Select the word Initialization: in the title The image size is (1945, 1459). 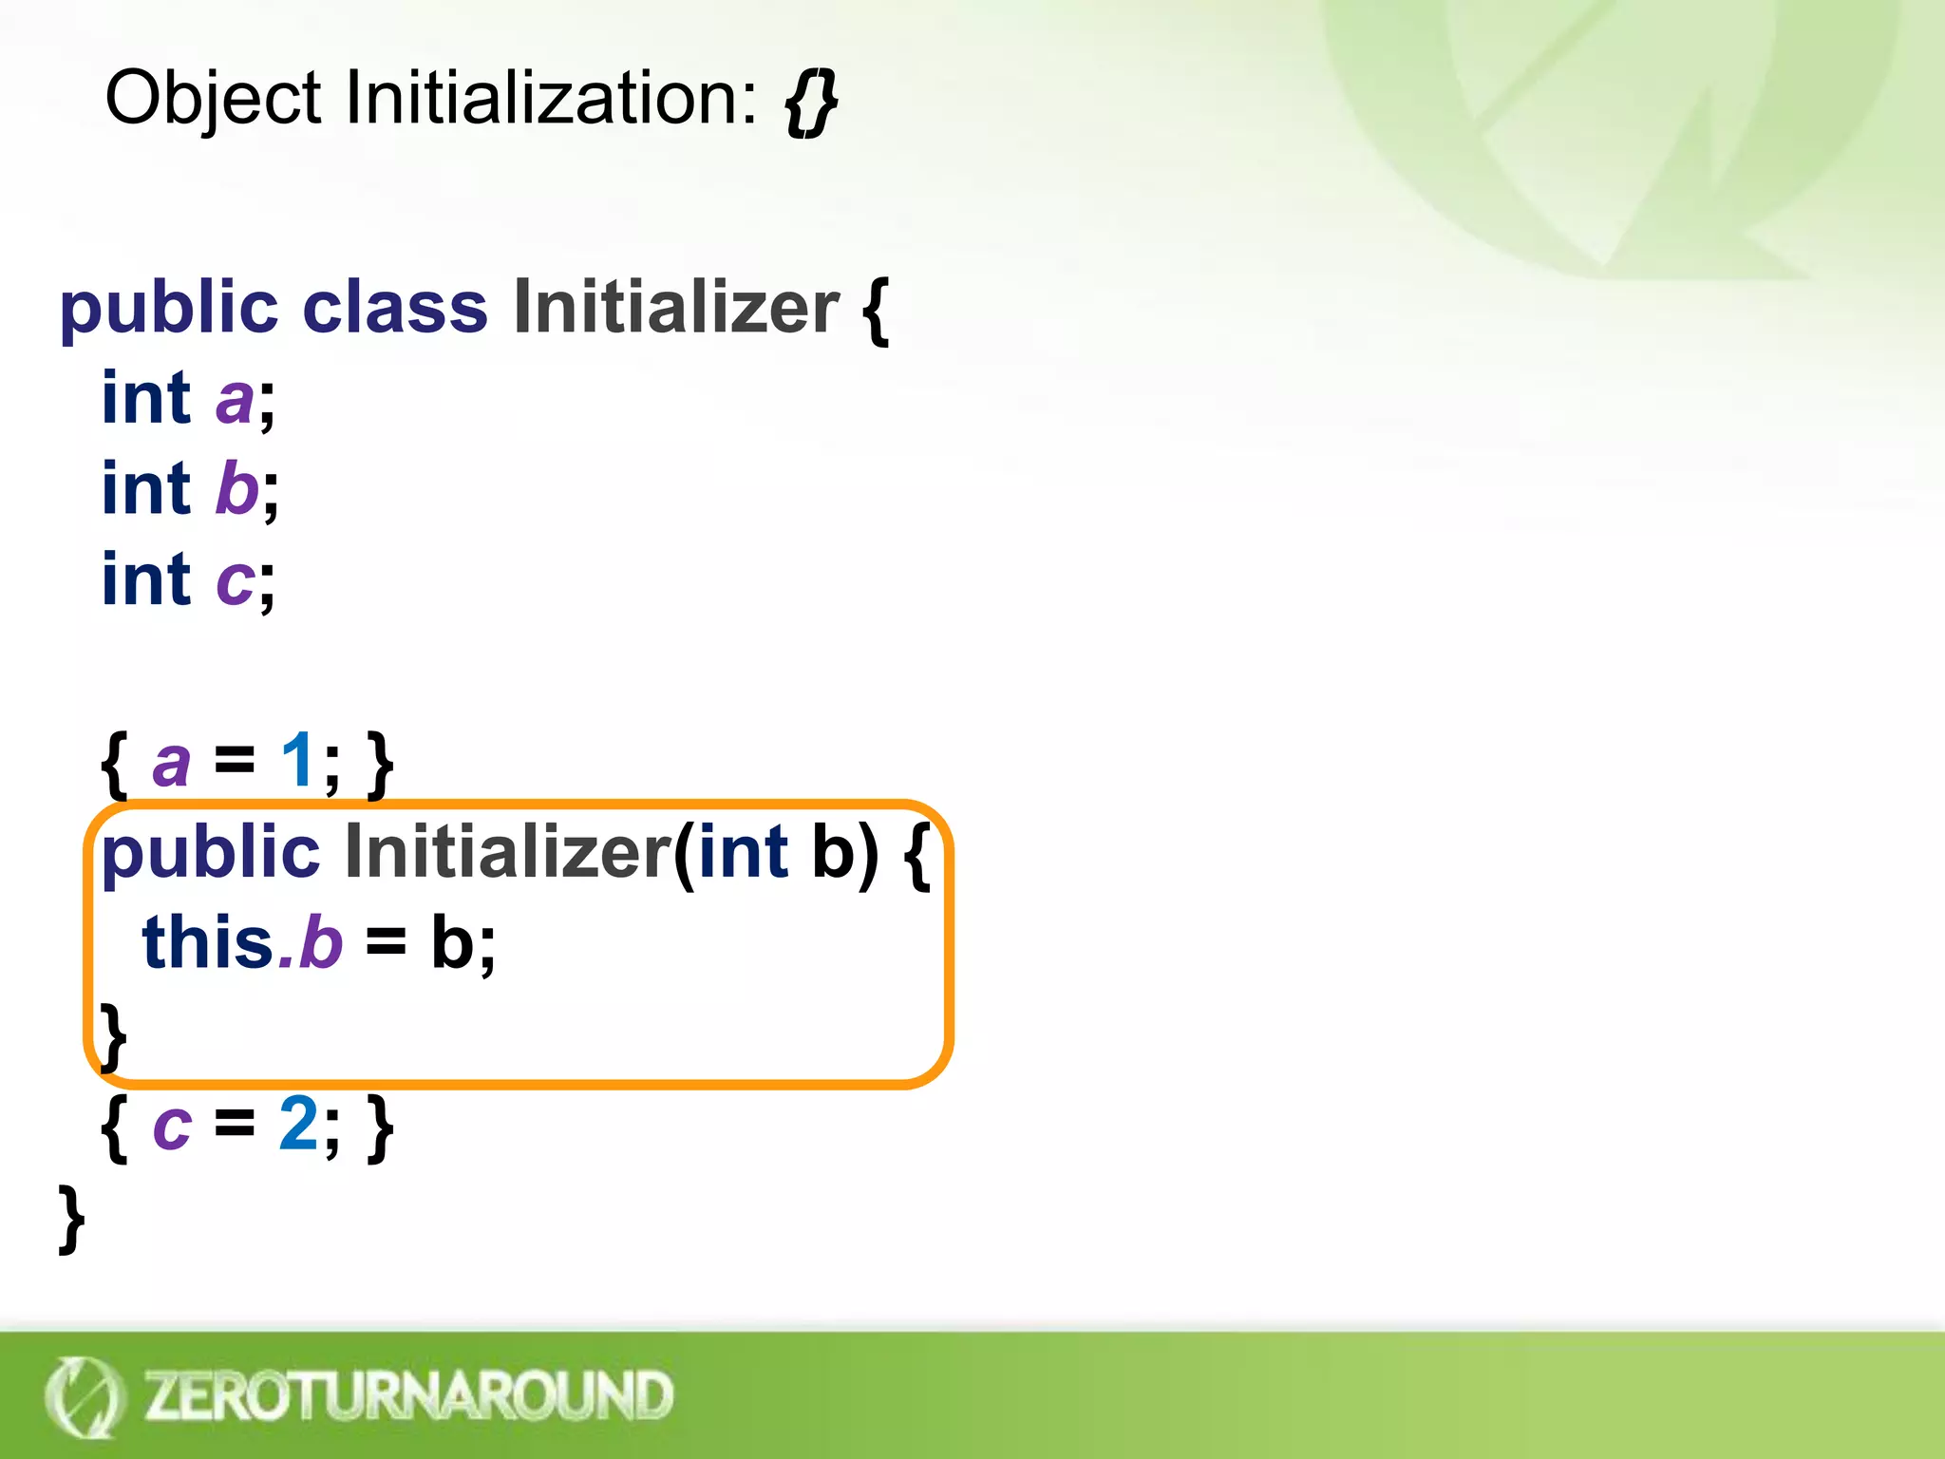(x=551, y=99)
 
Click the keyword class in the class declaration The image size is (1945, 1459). (x=394, y=308)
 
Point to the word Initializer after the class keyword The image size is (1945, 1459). (x=676, y=308)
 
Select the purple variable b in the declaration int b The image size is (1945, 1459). (x=236, y=489)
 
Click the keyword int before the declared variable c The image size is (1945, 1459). (x=146, y=579)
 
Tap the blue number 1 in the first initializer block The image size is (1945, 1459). (x=297, y=761)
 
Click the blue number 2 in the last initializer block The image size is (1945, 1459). (x=298, y=1125)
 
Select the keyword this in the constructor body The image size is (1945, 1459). (x=208, y=942)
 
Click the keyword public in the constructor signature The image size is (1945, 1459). (x=211, y=853)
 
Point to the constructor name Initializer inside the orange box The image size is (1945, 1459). (x=508, y=852)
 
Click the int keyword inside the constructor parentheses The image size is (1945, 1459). (x=743, y=852)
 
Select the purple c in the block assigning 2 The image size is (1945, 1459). (x=172, y=1127)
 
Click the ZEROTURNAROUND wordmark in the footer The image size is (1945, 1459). (x=408, y=1395)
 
